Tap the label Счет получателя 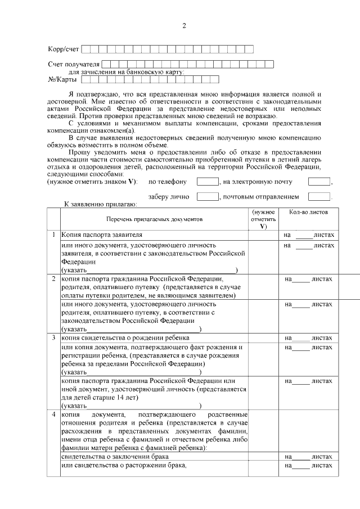[74, 65]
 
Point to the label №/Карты [61, 79]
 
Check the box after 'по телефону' [208, 182]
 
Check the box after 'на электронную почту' [319, 182]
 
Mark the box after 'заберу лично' [208, 197]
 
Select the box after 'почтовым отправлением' [319, 197]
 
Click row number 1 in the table [53, 234]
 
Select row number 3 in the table [53, 337]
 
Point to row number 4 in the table [53, 415]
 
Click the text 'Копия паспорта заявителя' [102, 234]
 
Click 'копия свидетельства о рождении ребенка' [125, 337]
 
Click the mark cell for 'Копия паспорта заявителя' [263, 234]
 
